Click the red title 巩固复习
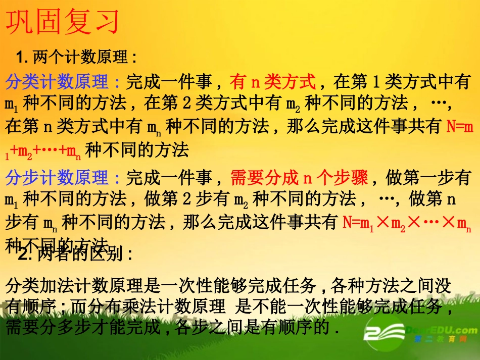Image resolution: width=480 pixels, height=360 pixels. coord(63,22)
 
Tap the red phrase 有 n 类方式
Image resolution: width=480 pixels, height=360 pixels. coord(273,81)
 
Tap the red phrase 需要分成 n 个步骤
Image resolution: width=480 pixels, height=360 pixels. coord(300,178)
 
